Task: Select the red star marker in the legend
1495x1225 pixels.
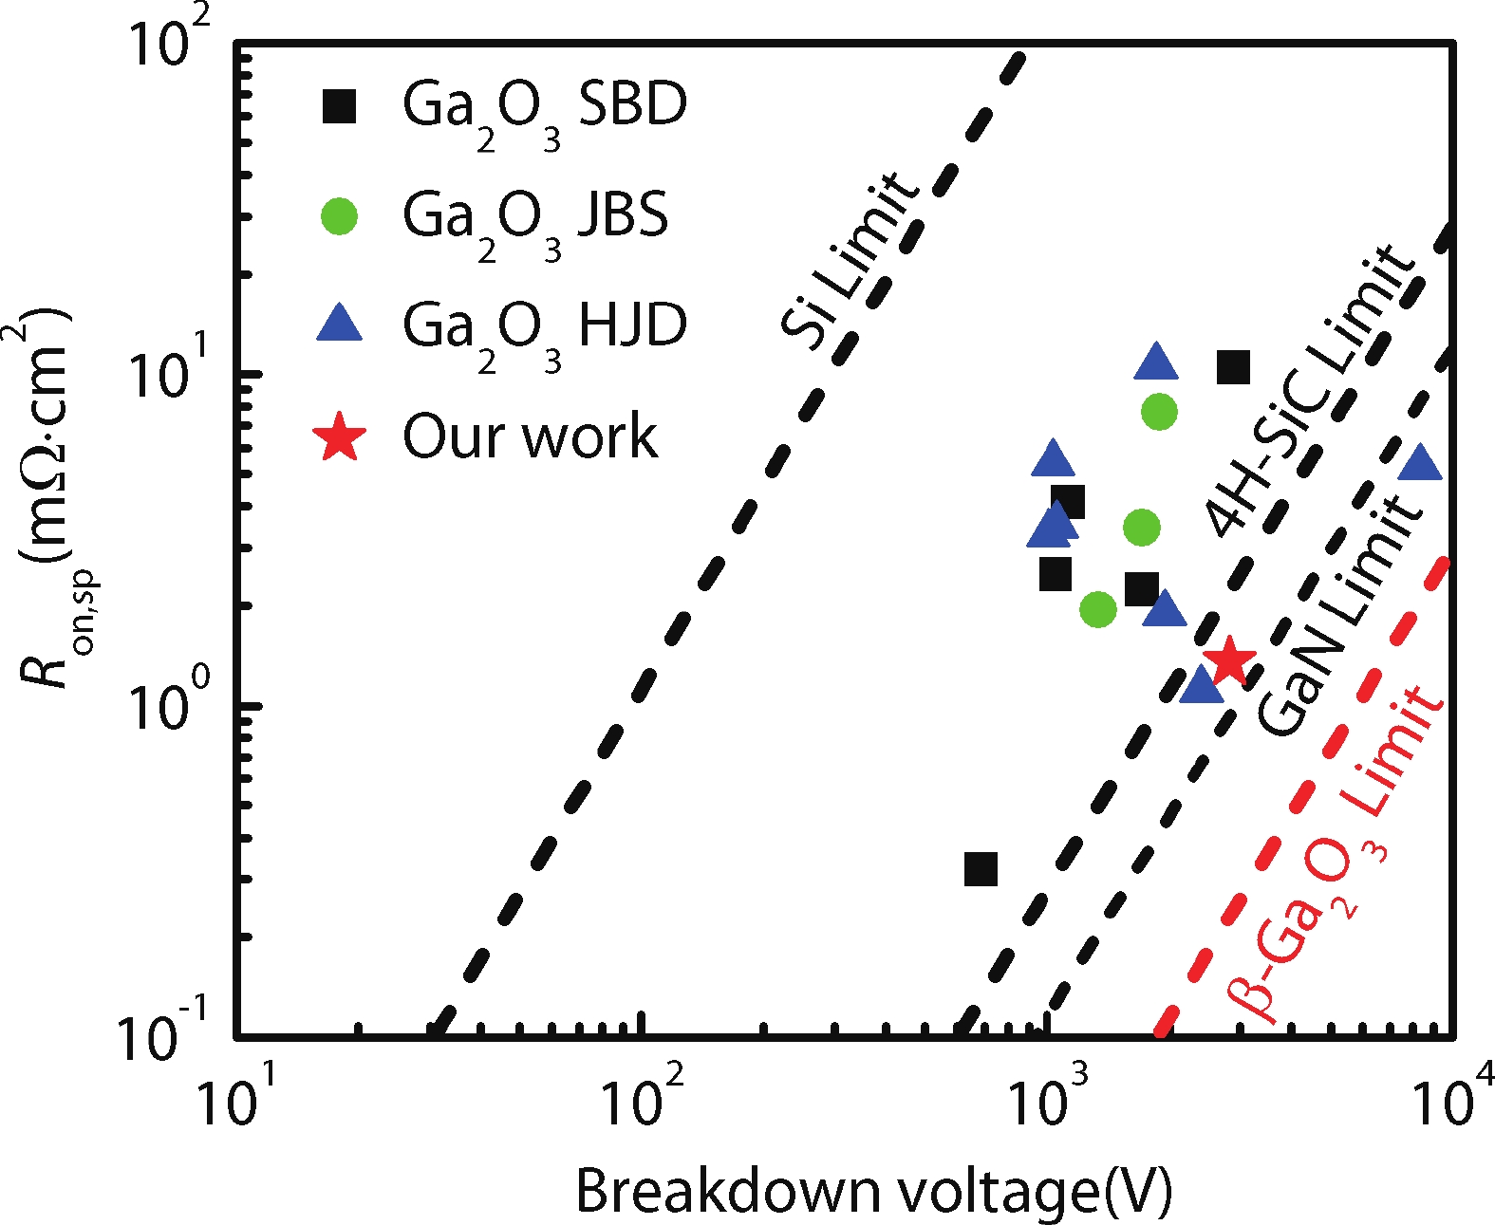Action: pos(339,437)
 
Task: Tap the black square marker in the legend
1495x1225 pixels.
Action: pos(339,105)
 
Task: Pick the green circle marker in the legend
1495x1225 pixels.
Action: pos(339,216)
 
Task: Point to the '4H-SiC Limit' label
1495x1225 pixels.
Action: pos(1310,389)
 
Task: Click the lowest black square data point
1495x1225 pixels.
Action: pos(981,868)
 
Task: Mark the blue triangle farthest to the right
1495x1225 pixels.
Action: pos(1420,463)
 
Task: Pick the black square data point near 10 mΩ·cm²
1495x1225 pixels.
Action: pos(1233,366)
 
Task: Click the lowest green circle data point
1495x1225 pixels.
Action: pos(1097,609)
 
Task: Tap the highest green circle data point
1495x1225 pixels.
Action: pos(1159,412)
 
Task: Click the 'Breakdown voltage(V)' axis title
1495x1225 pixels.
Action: pos(873,1191)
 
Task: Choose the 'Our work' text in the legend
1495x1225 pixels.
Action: pos(530,437)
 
